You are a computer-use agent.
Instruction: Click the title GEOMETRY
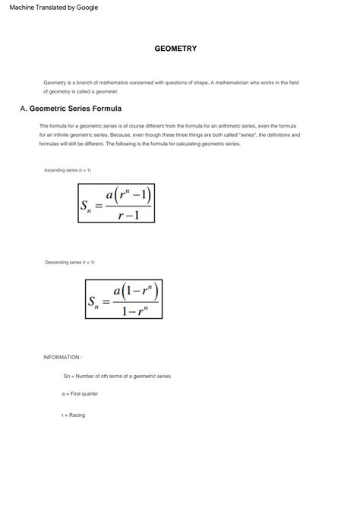(x=175, y=49)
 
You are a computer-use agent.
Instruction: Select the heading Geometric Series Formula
(x=75, y=109)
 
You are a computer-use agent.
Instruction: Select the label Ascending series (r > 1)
(x=68, y=170)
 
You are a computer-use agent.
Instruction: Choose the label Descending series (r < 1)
(x=70, y=262)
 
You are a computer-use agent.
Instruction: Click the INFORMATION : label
(x=62, y=357)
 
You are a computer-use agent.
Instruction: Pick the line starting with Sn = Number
(x=117, y=376)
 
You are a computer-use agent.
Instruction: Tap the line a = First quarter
(x=80, y=394)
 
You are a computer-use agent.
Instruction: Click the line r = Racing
(x=74, y=415)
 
